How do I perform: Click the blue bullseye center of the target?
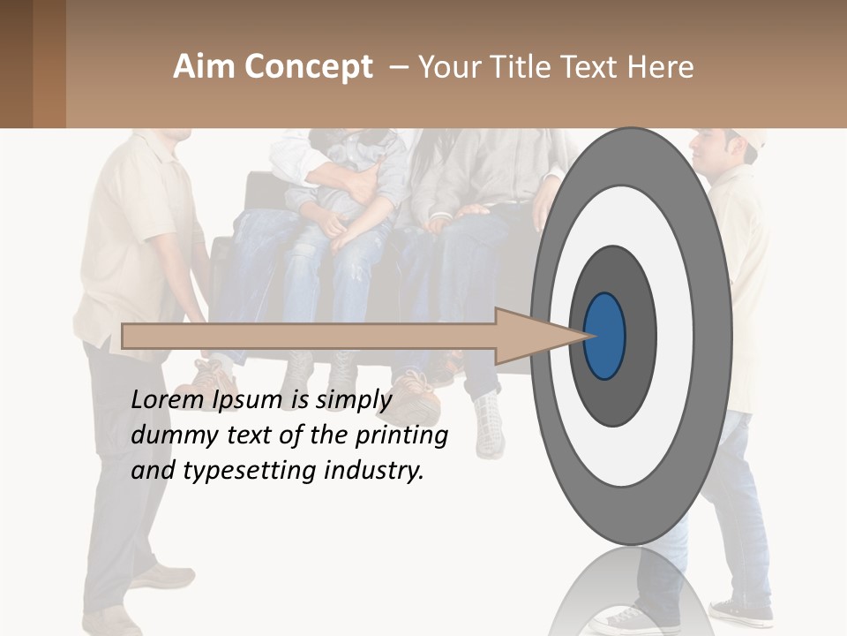pyautogui.click(x=605, y=337)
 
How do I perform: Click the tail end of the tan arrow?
pyautogui.click(x=125, y=336)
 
